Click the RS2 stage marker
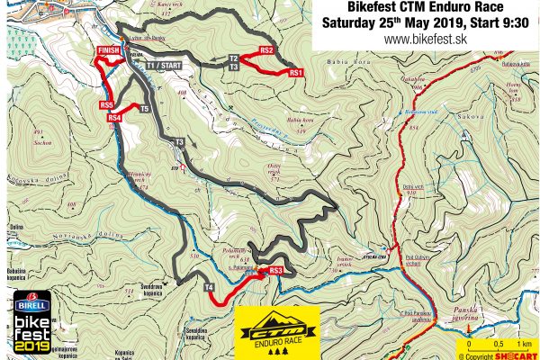pos(266,50)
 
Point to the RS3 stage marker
pos(275,270)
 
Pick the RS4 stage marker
pos(113,118)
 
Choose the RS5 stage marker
pos(106,105)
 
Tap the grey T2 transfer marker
pos(233,58)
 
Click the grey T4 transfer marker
pos(209,288)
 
